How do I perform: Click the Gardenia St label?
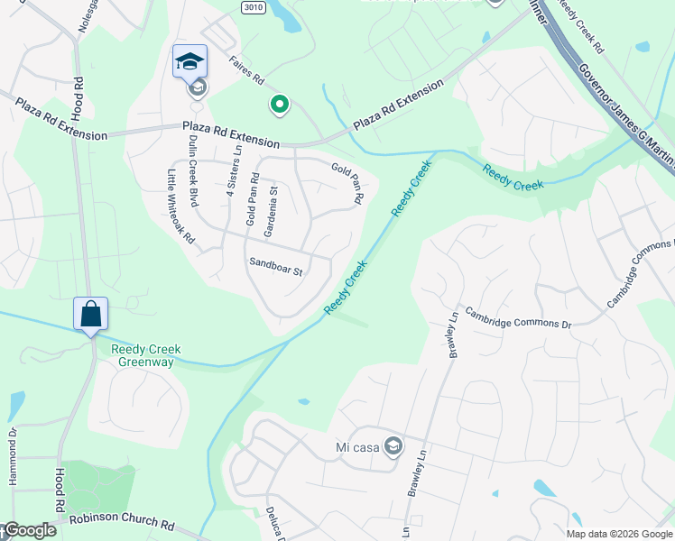coord(269,208)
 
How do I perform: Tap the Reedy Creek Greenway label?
coord(146,355)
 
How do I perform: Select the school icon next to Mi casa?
coord(393,445)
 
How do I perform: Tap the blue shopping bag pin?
coord(90,315)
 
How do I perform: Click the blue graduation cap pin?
coord(190,61)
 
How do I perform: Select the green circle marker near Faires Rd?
coord(280,105)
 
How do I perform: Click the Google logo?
coord(29,530)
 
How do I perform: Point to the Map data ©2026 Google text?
coord(619,534)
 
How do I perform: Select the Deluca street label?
coord(274,523)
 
